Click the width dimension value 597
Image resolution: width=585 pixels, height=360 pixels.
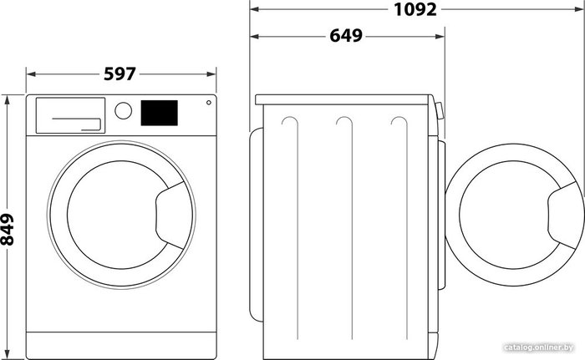point(120,74)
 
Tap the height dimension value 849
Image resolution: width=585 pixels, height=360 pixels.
point(7,230)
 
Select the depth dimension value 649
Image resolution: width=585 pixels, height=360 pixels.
point(346,36)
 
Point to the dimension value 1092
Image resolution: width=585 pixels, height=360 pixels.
point(415,9)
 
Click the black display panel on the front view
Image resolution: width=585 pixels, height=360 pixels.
point(159,113)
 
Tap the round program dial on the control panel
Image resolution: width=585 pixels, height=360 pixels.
point(123,111)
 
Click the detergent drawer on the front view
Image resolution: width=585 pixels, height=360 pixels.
point(70,115)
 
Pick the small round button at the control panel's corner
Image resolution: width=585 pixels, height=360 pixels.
point(209,103)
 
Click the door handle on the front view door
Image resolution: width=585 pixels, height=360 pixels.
point(174,215)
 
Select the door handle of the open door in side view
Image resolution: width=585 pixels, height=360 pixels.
point(566,215)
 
